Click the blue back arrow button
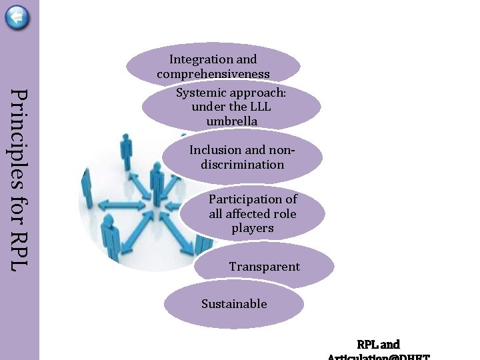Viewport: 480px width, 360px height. pyautogui.click(x=17, y=17)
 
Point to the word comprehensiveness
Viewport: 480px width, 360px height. pyautogui.click(x=213, y=74)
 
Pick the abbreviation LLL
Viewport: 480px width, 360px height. pyautogui.click(x=259, y=107)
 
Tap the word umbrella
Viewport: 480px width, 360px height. pyautogui.click(x=231, y=121)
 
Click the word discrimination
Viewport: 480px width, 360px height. pyautogui.click(x=242, y=164)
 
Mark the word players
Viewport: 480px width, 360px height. pyautogui.click(x=253, y=228)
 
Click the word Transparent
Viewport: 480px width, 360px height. pyautogui.click(x=264, y=267)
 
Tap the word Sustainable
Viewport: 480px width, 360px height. pyautogui.click(x=234, y=304)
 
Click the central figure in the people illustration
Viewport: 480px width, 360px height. pyautogui.click(x=157, y=183)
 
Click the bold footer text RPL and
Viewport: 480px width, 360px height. pyautogui.click(x=378, y=345)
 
